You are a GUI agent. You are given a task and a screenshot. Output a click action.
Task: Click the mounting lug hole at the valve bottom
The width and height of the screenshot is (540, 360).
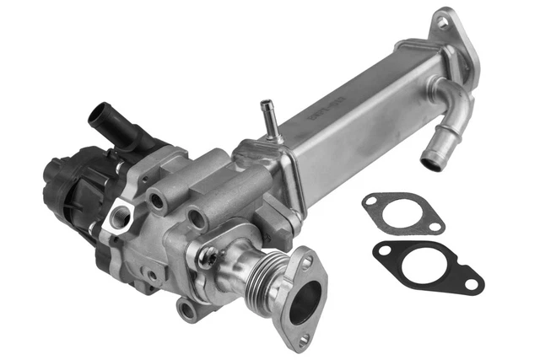[x=187, y=311]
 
